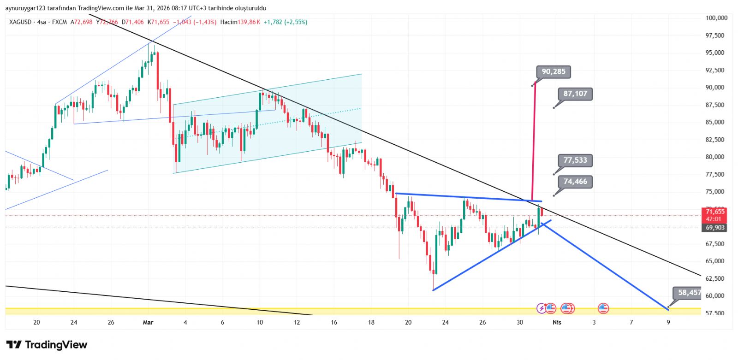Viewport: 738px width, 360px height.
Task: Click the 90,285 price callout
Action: pyautogui.click(x=553, y=72)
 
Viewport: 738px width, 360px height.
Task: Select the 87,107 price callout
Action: pyautogui.click(x=575, y=94)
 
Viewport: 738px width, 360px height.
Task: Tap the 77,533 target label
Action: pyautogui.click(x=575, y=160)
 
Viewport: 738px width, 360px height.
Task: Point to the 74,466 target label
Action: pyautogui.click(x=575, y=182)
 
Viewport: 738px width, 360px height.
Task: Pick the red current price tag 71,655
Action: pyautogui.click(x=714, y=212)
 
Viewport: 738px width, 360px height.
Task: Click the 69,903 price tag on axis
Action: pyautogui.click(x=714, y=228)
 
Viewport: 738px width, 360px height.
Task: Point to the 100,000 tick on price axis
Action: pyautogui.click(x=716, y=18)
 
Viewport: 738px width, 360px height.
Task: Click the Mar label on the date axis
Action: pyautogui.click(x=148, y=322)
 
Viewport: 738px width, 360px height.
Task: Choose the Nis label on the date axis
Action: pyautogui.click(x=557, y=322)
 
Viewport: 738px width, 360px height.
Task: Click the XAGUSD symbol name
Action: pyautogui.click(x=20, y=22)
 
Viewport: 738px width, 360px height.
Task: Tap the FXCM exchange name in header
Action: pyautogui.click(x=60, y=22)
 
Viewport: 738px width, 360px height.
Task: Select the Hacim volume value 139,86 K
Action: pyautogui.click(x=249, y=22)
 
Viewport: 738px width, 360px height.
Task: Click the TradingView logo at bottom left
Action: pyautogui.click(x=47, y=345)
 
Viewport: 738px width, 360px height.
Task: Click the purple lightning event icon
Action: pyautogui.click(x=542, y=308)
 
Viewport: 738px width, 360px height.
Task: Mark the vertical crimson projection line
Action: pyautogui.click(x=534, y=143)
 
